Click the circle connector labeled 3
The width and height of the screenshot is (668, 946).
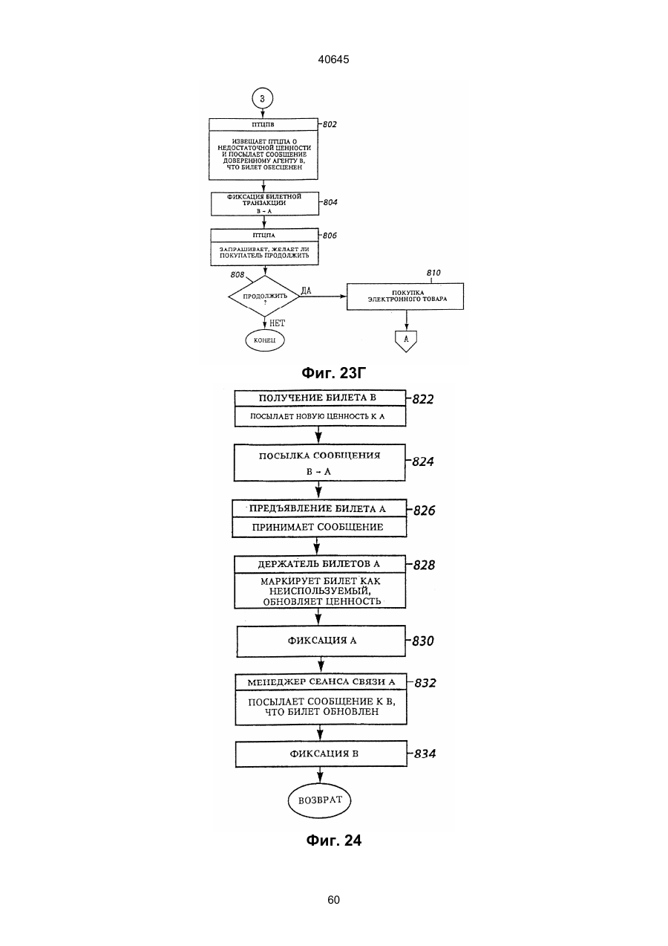pos(262,99)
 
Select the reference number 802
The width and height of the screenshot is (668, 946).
pos(330,124)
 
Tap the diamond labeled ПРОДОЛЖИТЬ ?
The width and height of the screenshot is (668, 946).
pos(264,296)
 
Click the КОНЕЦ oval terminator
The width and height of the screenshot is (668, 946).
pos(265,340)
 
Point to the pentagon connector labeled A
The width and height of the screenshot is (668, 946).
pos(406,341)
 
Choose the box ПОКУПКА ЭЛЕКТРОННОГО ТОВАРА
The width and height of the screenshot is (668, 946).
pos(405,297)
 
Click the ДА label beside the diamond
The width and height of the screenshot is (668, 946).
pos(306,291)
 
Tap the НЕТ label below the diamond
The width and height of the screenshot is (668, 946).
pos(277,323)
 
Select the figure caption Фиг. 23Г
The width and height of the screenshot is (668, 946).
pos(333,373)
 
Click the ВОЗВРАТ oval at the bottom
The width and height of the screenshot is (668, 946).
pos(320,800)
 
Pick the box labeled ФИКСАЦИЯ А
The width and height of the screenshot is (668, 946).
pos(321,641)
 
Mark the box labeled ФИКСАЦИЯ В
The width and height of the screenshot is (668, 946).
pos(321,754)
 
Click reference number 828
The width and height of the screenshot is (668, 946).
pos(424,565)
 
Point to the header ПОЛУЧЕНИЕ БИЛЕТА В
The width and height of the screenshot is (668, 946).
pos(317,398)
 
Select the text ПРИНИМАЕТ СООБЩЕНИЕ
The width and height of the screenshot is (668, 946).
pos(318,527)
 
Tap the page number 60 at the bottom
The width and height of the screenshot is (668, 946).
pos(333,900)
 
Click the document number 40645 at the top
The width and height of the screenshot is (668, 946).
pos(333,59)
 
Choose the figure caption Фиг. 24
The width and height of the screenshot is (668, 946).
pos(333,840)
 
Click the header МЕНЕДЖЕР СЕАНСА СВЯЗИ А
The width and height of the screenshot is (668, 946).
pos(321,682)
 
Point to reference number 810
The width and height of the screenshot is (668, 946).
pos(433,273)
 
